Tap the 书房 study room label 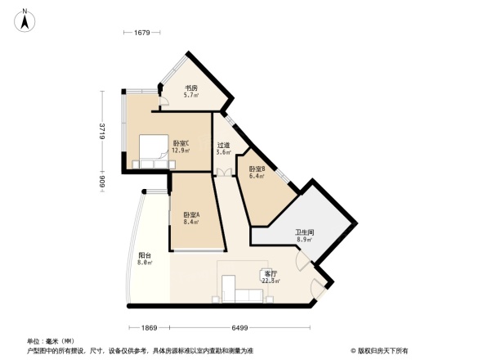[x=190, y=88]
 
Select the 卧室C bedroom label [x=181, y=143]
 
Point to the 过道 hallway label [x=223, y=145]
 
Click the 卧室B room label [x=257, y=169]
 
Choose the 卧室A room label [x=192, y=214]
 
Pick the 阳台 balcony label [x=144, y=255]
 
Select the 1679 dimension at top [x=144, y=33]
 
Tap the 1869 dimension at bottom [x=147, y=327]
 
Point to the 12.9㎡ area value [x=181, y=151]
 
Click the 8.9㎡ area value [x=304, y=241]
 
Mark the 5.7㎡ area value [x=190, y=96]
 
